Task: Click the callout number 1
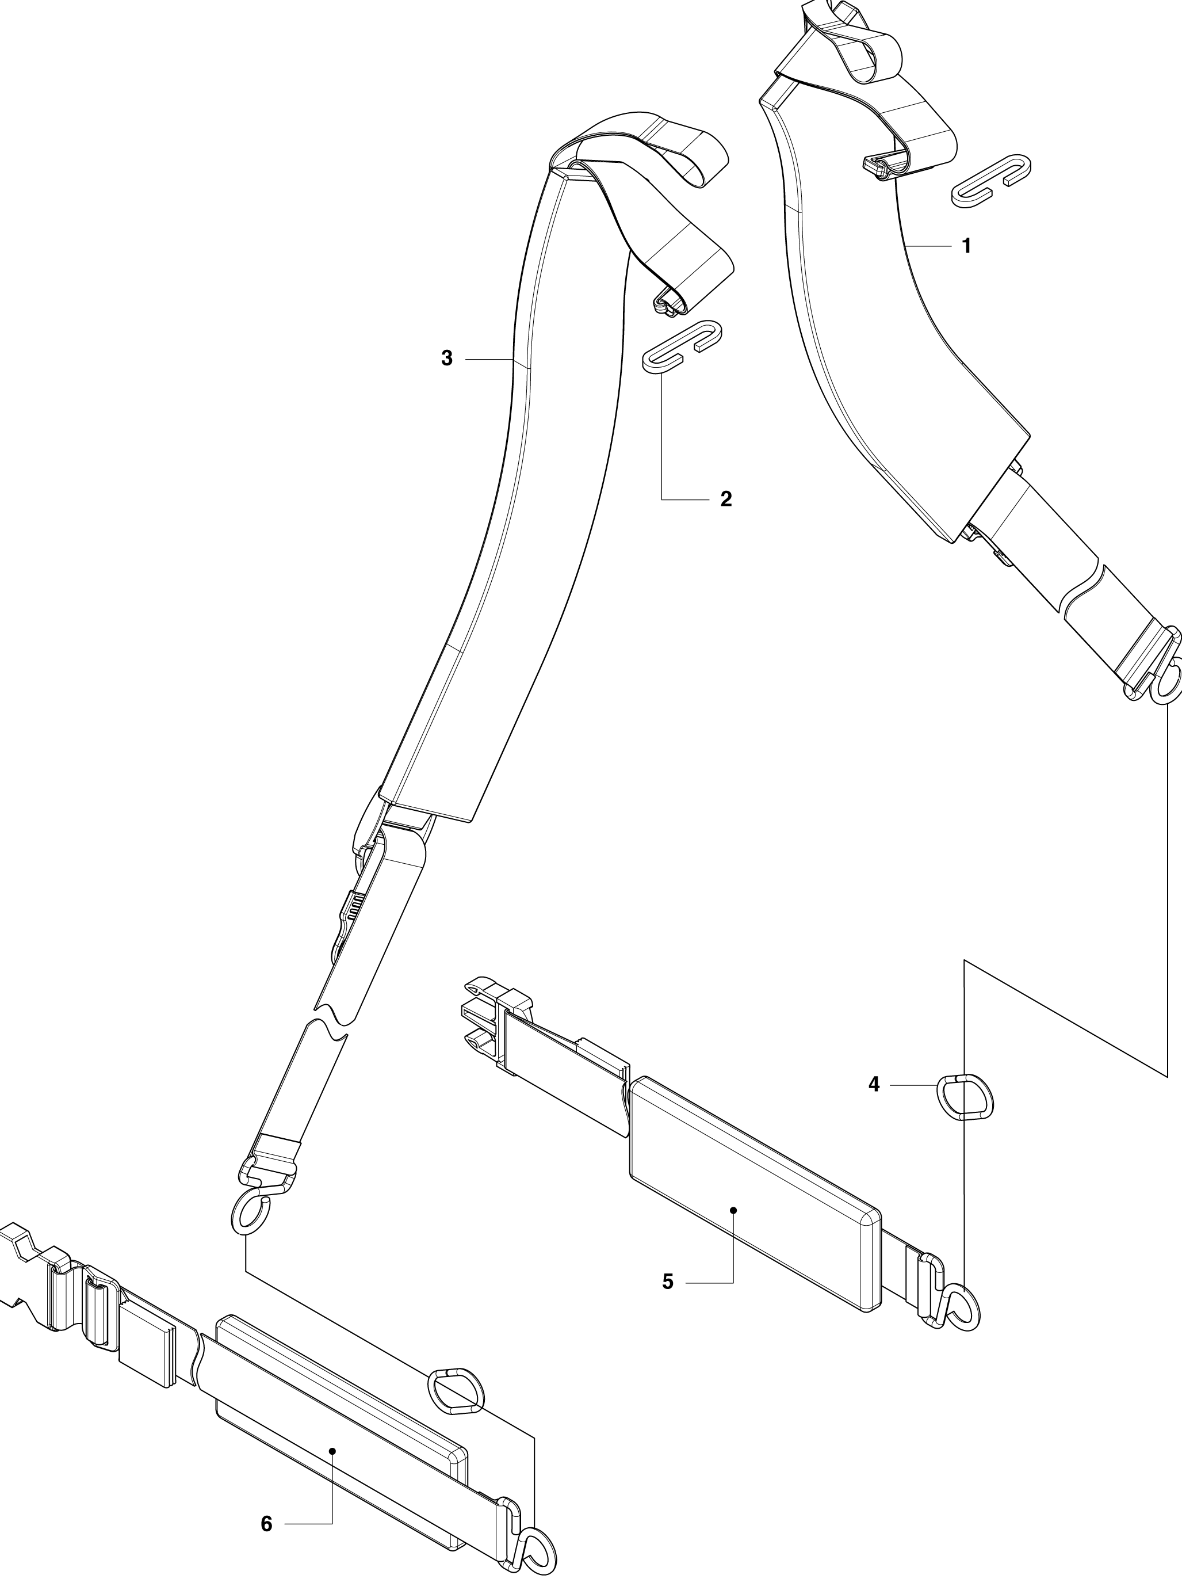(x=967, y=246)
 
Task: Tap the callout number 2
(x=726, y=499)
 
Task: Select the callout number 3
(x=447, y=359)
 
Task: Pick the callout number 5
(x=668, y=1282)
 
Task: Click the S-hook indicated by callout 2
(x=682, y=348)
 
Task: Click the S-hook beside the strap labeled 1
(x=989, y=180)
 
